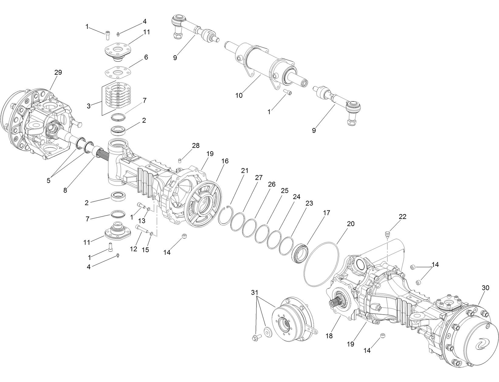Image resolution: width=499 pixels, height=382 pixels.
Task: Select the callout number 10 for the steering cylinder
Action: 239,95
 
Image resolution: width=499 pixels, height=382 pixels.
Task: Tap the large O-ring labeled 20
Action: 322,264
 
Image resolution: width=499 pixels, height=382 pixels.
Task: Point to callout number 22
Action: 403,217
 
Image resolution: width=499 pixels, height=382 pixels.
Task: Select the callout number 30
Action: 486,288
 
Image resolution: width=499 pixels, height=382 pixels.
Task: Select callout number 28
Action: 196,145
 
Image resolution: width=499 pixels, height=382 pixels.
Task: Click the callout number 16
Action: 225,161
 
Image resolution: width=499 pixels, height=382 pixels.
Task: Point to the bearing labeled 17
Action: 301,252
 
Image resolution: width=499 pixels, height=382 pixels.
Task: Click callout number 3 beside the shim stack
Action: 88,106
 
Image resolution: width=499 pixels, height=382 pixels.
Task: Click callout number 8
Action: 65,190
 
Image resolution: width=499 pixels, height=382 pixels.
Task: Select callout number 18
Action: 329,336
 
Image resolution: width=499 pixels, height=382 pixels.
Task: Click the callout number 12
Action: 134,249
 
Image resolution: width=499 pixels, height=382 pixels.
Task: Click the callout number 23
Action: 309,203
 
